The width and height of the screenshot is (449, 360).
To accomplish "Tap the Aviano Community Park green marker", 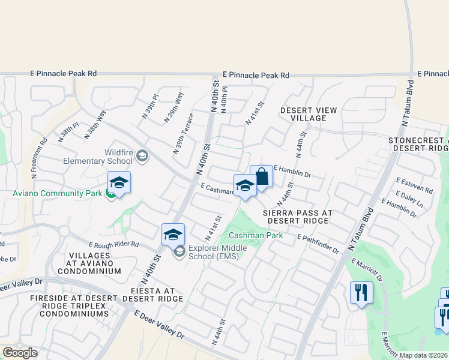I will click(111, 193).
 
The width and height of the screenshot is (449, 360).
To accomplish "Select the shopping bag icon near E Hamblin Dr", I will click(262, 177).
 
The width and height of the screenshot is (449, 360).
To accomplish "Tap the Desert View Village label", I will click(309, 114).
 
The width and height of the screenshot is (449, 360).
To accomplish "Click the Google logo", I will click(20, 353).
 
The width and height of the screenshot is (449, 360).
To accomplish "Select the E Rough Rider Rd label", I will click(114, 245).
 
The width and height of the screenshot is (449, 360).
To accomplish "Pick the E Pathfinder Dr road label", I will click(318, 243).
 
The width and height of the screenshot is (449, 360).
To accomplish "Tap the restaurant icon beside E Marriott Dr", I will click(361, 292).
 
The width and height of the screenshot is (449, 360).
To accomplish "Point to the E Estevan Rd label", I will click(414, 185).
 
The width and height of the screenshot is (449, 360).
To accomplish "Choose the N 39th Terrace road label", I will click(183, 133).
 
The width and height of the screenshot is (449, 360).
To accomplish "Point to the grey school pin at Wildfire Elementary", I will click(142, 157).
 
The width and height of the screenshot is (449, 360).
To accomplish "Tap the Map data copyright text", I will click(423, 355).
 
